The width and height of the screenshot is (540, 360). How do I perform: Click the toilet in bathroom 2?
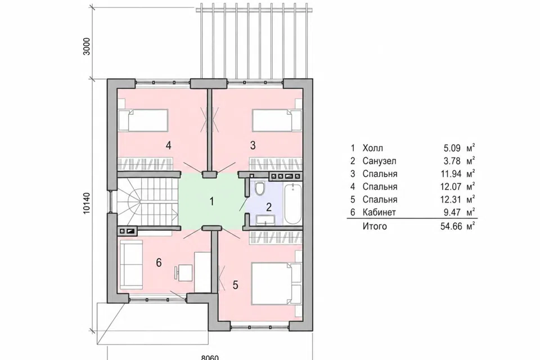tap(260, 188)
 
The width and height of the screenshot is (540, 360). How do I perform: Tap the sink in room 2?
tap(265, 219)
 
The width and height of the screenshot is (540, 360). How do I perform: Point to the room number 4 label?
tap(168, 145)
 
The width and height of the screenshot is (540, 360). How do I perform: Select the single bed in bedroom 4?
tap(143, 120)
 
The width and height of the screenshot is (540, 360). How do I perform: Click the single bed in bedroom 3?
tap(277, 120)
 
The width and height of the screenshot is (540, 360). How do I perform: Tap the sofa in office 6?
tap(131, 263)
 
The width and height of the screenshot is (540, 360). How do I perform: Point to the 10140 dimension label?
tap(87, 203)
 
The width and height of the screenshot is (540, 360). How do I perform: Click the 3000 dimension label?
tap(87, 46)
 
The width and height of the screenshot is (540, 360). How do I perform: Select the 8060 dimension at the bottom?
tap(209, 358)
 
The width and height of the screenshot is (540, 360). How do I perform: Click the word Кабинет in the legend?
tap(379, 212)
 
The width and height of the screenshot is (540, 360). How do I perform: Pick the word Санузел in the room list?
tap(379, 161)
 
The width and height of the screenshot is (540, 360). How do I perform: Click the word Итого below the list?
tap(375, 226)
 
